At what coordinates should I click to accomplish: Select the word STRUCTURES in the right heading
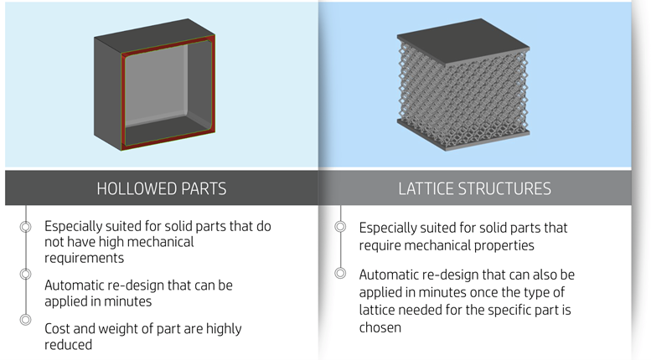click(505, 188)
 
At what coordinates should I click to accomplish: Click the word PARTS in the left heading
click(203, 188)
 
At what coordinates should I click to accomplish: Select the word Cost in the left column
click(59, 328)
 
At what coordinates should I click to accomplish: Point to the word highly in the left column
click(221, 328)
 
